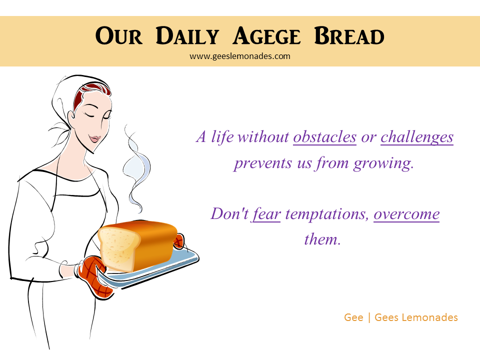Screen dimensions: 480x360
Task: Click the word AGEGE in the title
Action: [266, 36]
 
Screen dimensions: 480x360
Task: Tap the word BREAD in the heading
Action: [349, 36]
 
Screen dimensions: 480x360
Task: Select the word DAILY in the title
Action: [187, 36]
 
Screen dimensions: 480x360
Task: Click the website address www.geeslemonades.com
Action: [239, 56]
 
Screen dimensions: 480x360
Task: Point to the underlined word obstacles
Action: [325, 137]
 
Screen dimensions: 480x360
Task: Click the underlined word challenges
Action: [417, 137]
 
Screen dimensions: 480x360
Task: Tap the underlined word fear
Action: [266, 214]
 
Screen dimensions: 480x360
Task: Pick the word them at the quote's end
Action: [322, 239]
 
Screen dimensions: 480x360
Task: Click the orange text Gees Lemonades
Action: [416, 317]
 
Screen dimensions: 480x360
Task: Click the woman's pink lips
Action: [94, 138]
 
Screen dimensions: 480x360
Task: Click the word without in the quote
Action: [263, 137]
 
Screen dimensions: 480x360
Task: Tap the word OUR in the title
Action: [119, 36]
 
